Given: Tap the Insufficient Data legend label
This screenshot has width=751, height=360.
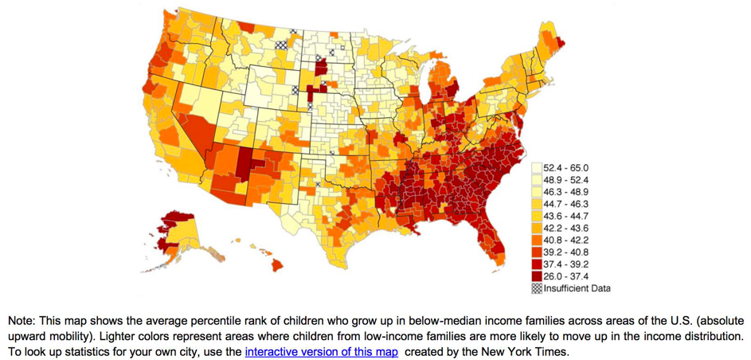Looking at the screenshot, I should click(x=577, y=288).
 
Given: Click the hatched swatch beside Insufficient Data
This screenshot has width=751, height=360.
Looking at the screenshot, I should click(x=537, y=288).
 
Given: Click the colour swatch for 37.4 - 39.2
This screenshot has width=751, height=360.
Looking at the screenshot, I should click(x=537, y=264).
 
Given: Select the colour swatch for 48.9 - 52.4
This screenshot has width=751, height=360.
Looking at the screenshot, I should click(x=537, y=180).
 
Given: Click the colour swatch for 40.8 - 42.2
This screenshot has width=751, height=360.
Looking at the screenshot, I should click(x=537, y=240).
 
